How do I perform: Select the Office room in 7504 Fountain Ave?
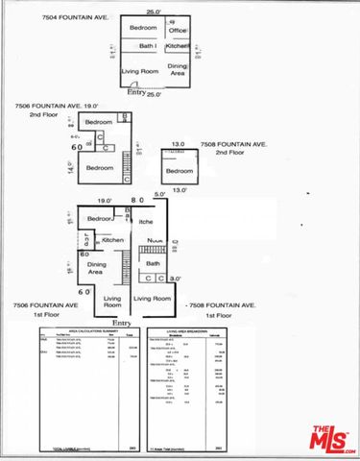click(178, 32)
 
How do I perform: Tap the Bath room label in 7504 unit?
click(148, 45)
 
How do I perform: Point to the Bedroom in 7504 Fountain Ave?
click(144, 28)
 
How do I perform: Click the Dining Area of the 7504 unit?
click(178, 68)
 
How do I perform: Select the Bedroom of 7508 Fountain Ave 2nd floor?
click(179, 171)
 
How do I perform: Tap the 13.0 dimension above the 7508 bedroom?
click(178, 145)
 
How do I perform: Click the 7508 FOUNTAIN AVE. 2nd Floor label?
click(233, 148)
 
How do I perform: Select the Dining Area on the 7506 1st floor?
click(97, 268)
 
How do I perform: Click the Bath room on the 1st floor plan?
click(152, 262)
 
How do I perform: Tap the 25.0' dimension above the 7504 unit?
click(153, 12)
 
